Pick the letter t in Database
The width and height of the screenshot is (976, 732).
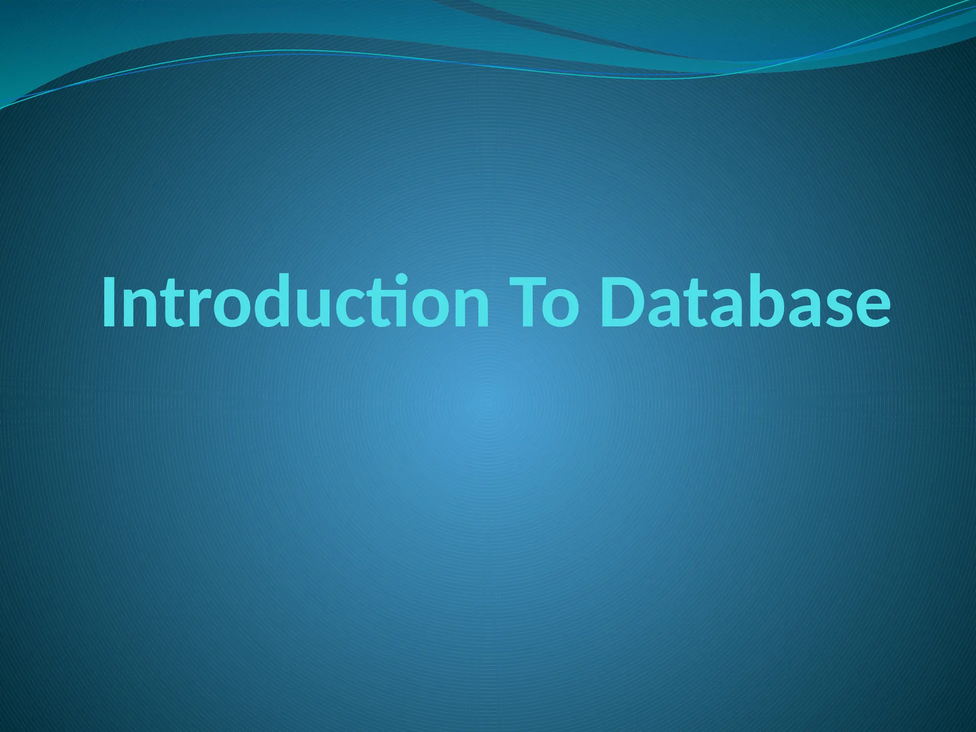tap(701, 305)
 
